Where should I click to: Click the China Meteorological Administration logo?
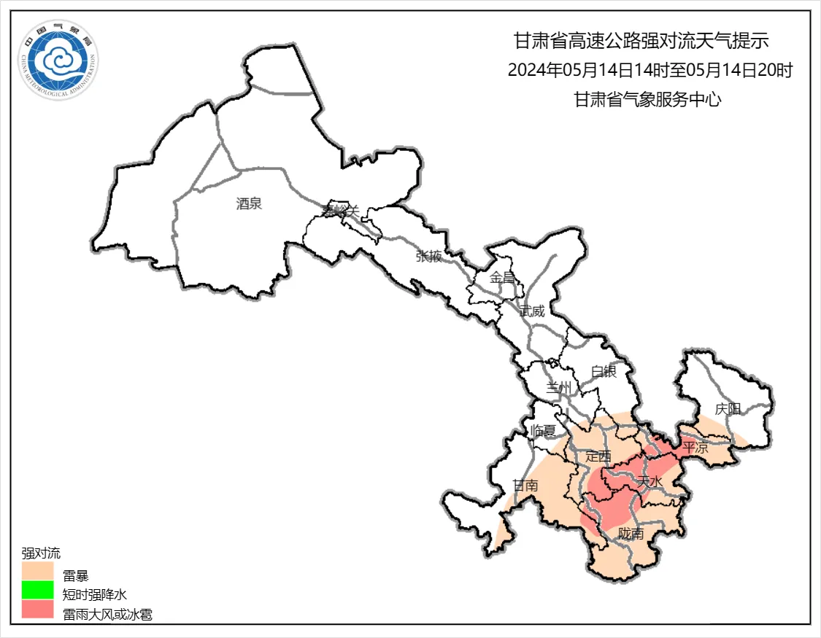pos(59,61)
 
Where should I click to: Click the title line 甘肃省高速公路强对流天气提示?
pos(641,40)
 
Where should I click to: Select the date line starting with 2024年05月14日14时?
pos(650,71)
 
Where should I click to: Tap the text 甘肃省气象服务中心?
pos(647,101)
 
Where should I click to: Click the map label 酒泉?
pos(249,204)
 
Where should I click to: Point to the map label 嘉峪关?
pos(342,211)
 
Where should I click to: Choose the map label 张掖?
pos(428,256)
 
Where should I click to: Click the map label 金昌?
pos(502,277)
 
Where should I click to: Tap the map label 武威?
pos(532,311)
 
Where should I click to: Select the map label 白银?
pos(604,372)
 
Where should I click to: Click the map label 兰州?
pos(560,387)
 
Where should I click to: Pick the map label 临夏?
pos(544,430)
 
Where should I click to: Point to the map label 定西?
pos(598,456)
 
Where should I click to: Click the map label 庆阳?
pos(728,409)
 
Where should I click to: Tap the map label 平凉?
pos(695,448)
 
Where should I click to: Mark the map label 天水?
pos(649,482)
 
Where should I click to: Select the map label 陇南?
pos(631,534)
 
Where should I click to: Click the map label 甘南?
pos(525,486)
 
